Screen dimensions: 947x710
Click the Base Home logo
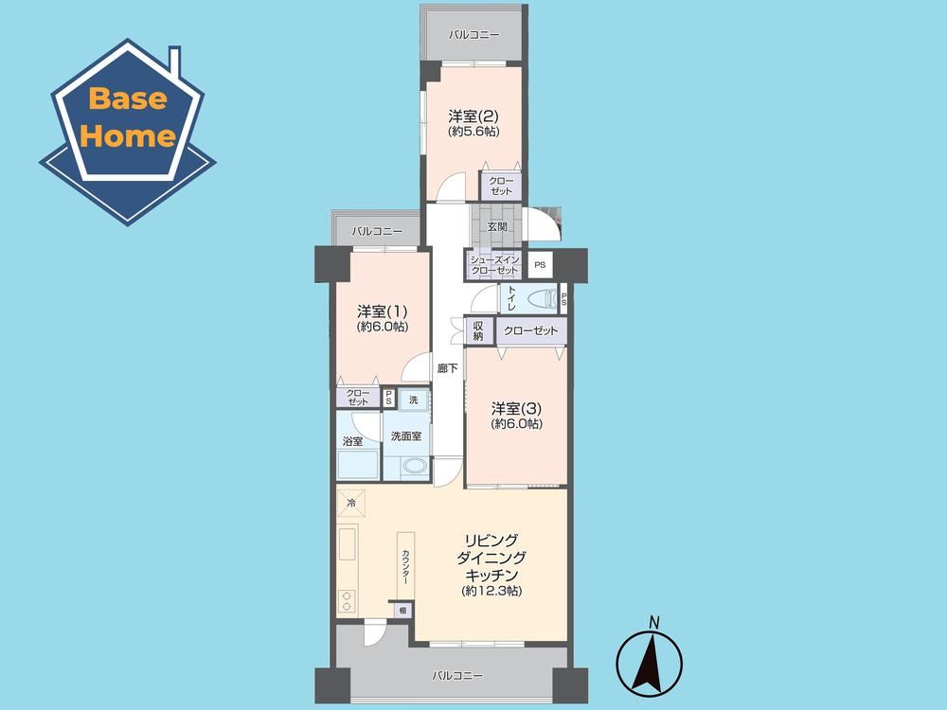point(128,133)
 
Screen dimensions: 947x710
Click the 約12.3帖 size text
point(491,592)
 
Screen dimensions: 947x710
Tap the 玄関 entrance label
point(497,227)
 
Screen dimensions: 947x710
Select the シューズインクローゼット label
point(494,265)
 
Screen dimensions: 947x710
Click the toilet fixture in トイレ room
point(542,299)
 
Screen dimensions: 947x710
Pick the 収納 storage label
point(478,330)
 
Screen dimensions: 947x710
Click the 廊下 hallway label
point(448,368)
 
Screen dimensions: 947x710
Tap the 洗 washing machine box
point(414,400)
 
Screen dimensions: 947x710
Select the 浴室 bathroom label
point(352,441)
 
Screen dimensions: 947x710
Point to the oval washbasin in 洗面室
point(415,466)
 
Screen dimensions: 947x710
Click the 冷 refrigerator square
point(351,503)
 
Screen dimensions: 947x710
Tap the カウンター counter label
point(406,567)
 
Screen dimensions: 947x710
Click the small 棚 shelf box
point(403,611)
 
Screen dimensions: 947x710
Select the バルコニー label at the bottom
point(457,676)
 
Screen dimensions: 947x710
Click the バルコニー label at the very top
point(474,34)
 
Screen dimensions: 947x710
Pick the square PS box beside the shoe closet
point(540,265)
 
